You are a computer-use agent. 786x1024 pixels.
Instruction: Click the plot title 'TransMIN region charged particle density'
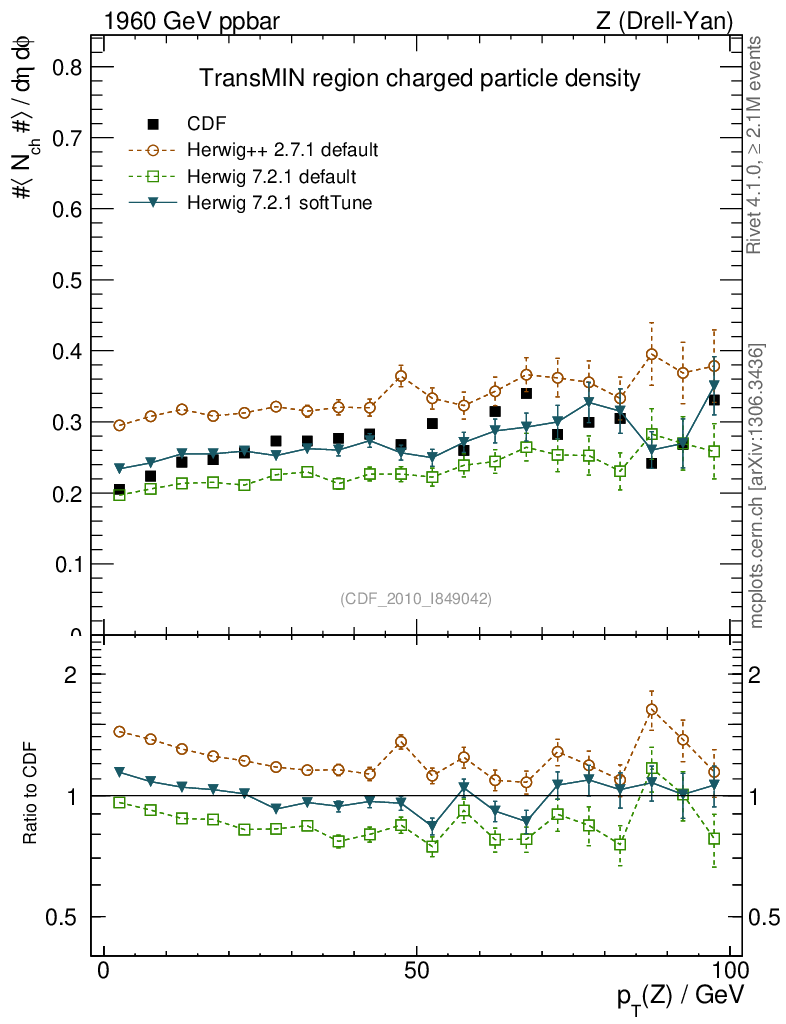click(419, 78)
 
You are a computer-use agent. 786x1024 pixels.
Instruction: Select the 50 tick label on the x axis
click(417, 970)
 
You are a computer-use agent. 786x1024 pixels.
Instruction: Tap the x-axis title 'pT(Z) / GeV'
click(679, 996)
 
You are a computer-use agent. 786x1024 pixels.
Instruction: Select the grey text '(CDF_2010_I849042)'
click(416, 598)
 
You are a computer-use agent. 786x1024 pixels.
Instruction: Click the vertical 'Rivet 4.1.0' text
click(756, 145)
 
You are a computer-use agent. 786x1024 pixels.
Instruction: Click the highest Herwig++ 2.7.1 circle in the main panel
click(651, 354)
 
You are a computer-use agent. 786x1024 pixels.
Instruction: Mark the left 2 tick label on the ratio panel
click(71, 674)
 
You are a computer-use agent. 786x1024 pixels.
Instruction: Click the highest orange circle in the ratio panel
click(651, 710)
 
